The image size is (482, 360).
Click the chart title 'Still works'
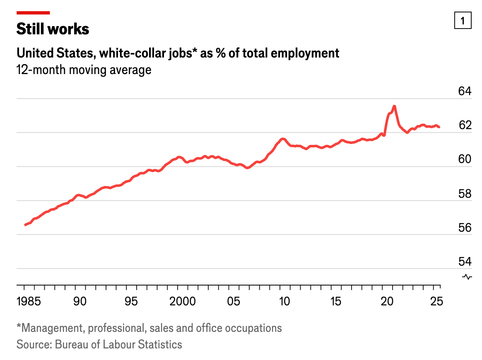pos(53,29)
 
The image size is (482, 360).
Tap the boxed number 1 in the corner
pos(463,20)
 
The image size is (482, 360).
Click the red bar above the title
pos(33,13)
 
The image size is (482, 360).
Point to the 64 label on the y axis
pos(465,91)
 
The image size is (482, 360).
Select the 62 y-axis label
pos(465,125)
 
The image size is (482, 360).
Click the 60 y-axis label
pos(465,159)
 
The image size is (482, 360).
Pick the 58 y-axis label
pos(465,193)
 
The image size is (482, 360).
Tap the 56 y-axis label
pos(465,227)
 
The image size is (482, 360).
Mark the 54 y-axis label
pos(465,261)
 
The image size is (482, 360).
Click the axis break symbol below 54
pos(467,277)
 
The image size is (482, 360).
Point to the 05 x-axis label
pos(234,301)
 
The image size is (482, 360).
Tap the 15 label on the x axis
pos(336,301)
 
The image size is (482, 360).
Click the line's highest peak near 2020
pos(394,106)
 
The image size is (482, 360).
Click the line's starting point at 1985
pos(25,225)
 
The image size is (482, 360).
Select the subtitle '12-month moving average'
pos(84,70)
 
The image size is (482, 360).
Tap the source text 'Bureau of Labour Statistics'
pos(118,344)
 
